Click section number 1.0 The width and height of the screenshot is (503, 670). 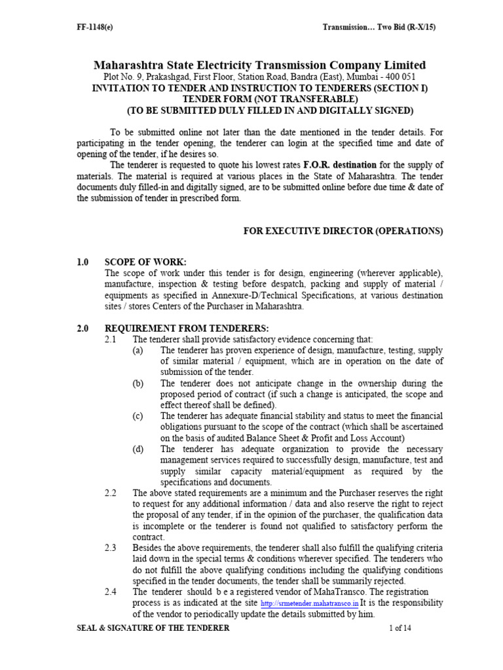coord(83,262)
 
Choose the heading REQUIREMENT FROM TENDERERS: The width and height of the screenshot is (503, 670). coord(186,328)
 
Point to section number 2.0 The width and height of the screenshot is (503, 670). coord(83,328)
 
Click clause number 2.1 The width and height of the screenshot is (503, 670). coord(110,340)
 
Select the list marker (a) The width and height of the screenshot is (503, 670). coord(138,351)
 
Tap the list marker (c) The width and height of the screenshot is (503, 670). coord(138,416)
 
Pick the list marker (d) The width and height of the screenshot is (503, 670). coord(138,450)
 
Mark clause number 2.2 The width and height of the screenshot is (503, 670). coord(110,493)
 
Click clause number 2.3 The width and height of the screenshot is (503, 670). coord(110,548)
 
